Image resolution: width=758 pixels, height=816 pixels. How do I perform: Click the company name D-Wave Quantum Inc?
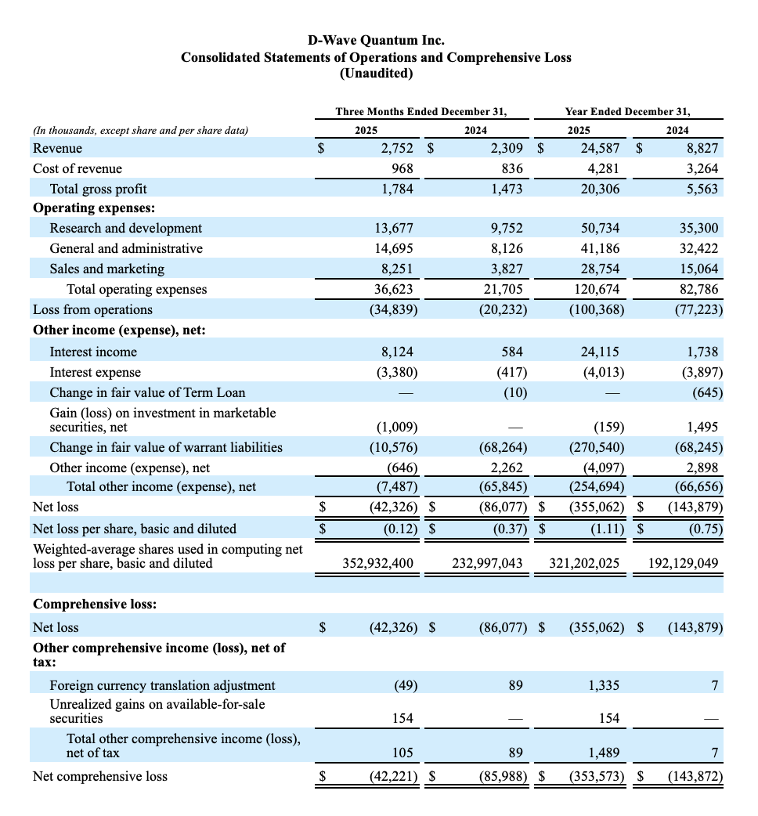coord(376,40)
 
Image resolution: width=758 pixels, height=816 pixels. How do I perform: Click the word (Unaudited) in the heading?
coord(376,74)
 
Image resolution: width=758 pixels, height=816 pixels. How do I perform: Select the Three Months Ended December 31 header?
coord(421,112)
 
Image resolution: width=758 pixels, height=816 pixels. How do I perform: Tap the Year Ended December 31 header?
coord(627,112)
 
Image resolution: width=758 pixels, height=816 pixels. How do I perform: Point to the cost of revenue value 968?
coord(402,168)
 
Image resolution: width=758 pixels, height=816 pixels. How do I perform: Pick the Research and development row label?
coord(125,228)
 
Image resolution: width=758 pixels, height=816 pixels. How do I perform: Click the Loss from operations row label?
coord(92,309)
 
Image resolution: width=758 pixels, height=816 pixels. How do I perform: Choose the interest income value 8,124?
coord(398,352)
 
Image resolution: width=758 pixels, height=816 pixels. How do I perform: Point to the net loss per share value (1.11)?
coord(605,529)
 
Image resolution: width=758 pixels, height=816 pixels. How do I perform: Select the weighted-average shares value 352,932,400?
coord(378,563)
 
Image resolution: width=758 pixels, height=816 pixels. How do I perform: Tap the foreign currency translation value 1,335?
coord(604,685)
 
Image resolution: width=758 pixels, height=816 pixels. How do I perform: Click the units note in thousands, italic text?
coord(140,131)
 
